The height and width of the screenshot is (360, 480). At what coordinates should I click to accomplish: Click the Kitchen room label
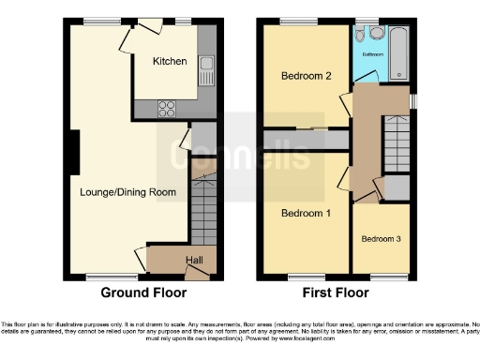171,62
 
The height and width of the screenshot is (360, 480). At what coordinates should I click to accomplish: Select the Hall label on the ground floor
194,260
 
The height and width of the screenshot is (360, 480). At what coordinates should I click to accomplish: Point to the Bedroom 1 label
307,214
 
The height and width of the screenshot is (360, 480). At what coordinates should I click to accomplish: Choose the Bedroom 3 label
382,239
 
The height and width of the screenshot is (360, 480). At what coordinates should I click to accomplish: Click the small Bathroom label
371,54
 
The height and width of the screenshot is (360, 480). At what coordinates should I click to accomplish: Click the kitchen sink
206,69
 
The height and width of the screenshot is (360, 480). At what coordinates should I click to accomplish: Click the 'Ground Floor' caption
138,292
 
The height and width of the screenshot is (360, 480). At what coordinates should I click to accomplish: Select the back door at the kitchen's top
149,28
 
